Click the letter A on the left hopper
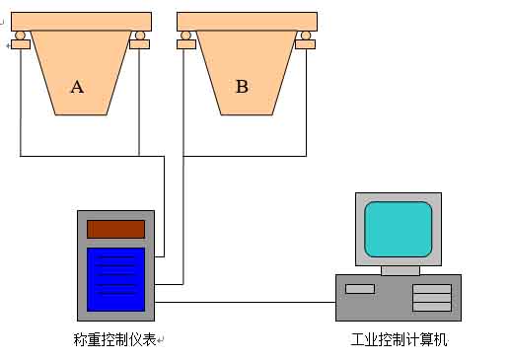point(77,87)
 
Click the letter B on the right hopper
point(242,87)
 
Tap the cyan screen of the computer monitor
point(399,229)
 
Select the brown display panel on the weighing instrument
point(115,229)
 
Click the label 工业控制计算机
point(399,340)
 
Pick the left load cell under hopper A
point(20,41)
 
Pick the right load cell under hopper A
point(141,41)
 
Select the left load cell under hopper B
point(185,41)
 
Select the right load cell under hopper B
point(307,41)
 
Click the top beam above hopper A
point(81,21)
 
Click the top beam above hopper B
point(247,21)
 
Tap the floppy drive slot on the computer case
point(360,289)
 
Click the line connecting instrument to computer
point(247,303)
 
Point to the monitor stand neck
point(400,269)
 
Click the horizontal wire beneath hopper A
point(79,156)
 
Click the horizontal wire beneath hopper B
point(245,156)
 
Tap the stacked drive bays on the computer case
point(431,298)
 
